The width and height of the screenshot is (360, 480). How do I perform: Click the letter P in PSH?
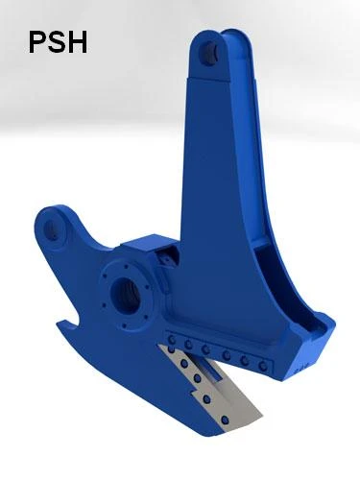click(36, 42)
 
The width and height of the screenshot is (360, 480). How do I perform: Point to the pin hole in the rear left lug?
click(51, 228)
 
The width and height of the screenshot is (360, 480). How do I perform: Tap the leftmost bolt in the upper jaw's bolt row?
click(172, 340)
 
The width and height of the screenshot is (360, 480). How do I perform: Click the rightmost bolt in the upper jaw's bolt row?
click(263, 366)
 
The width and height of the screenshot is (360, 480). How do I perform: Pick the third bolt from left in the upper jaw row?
click(205, 349)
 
